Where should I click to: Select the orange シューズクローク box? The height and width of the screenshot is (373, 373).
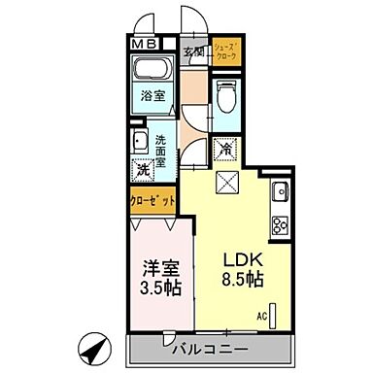point(226,49)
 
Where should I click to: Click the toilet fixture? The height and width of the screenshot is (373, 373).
point(225,97)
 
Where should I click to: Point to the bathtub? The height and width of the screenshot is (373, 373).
point(152,71)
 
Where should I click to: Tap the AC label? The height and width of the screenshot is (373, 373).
point(262,317)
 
